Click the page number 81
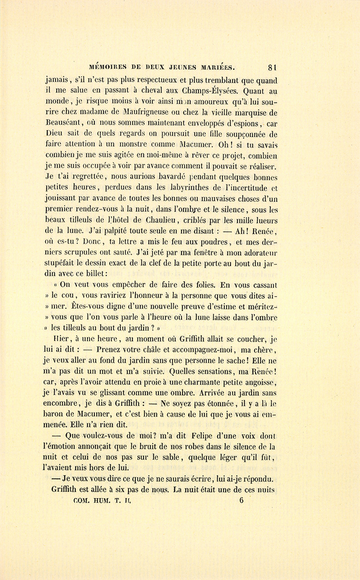[273, 67]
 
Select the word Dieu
[54, 134]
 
